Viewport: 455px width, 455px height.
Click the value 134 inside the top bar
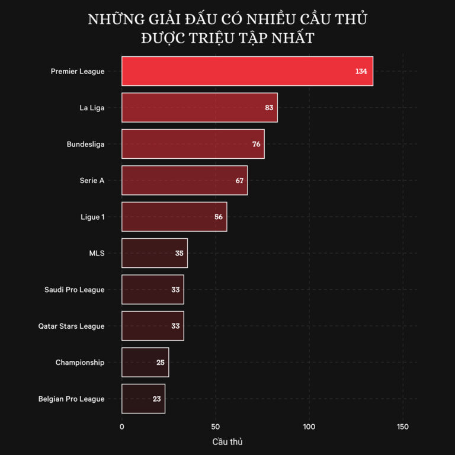(361, 71)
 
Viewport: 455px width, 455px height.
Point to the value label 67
(239, 181)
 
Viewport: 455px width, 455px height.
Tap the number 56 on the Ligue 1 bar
(219, 217)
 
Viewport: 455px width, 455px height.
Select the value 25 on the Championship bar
(161, 363)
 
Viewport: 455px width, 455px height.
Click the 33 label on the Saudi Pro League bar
(175, 290)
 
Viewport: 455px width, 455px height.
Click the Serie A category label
(92, 181)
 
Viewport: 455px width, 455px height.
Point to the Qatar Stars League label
(71, 326)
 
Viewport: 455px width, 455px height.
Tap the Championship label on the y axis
(80, 363)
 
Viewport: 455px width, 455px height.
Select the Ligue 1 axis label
(92, 217)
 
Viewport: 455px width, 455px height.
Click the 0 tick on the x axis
(122, 427)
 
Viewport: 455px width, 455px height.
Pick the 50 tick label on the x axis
(216, 427)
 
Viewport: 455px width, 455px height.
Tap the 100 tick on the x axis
(309, 427)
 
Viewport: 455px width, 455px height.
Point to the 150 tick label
(403, 427)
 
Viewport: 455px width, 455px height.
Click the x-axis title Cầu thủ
(227, 442)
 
